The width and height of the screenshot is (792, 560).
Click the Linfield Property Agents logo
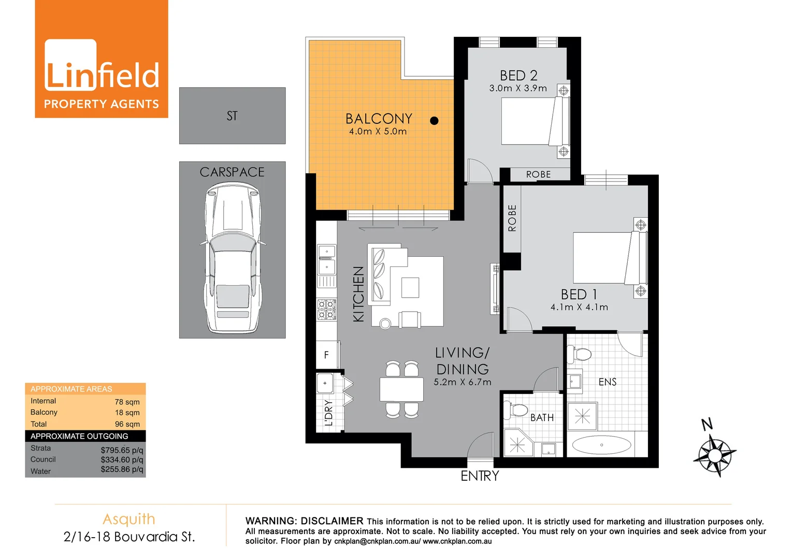[102, 59]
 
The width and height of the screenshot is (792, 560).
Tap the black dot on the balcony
[434, 121]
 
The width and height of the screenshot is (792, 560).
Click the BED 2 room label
[518, 76]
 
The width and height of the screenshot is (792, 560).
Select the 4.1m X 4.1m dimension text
[579, 307]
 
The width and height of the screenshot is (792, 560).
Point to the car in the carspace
[233, 259]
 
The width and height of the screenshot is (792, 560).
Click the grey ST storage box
[232, 116]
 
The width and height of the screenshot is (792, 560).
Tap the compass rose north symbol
[714, 454]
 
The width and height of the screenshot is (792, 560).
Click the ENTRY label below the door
[480, 476]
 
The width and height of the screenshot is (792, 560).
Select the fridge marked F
[327, 355]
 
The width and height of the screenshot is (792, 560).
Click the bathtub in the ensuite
[601, 445]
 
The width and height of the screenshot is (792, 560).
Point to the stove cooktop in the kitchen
[327, 310]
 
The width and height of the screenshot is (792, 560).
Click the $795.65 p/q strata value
[122, 450]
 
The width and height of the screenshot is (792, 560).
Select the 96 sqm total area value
[127, 424]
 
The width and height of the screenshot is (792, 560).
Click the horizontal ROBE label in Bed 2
[538, 175]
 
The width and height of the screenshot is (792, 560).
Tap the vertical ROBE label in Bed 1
[512, 218]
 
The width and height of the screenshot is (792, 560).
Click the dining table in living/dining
[401, 389]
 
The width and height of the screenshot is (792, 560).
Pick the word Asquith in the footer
[129, 519]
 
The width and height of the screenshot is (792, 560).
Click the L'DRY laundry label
[328, 413]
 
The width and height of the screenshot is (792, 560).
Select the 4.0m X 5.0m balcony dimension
[378, 132]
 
